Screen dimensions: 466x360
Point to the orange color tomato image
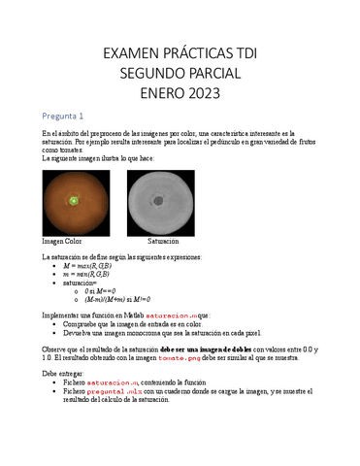click(x=76, y=203)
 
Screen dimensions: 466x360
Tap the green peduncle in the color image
click(x=74, y=201)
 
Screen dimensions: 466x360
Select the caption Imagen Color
click(x=61, y=240)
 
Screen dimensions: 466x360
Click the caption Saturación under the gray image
click(x=163, y=240)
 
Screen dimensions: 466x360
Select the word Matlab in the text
click(x=138, y=316)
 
